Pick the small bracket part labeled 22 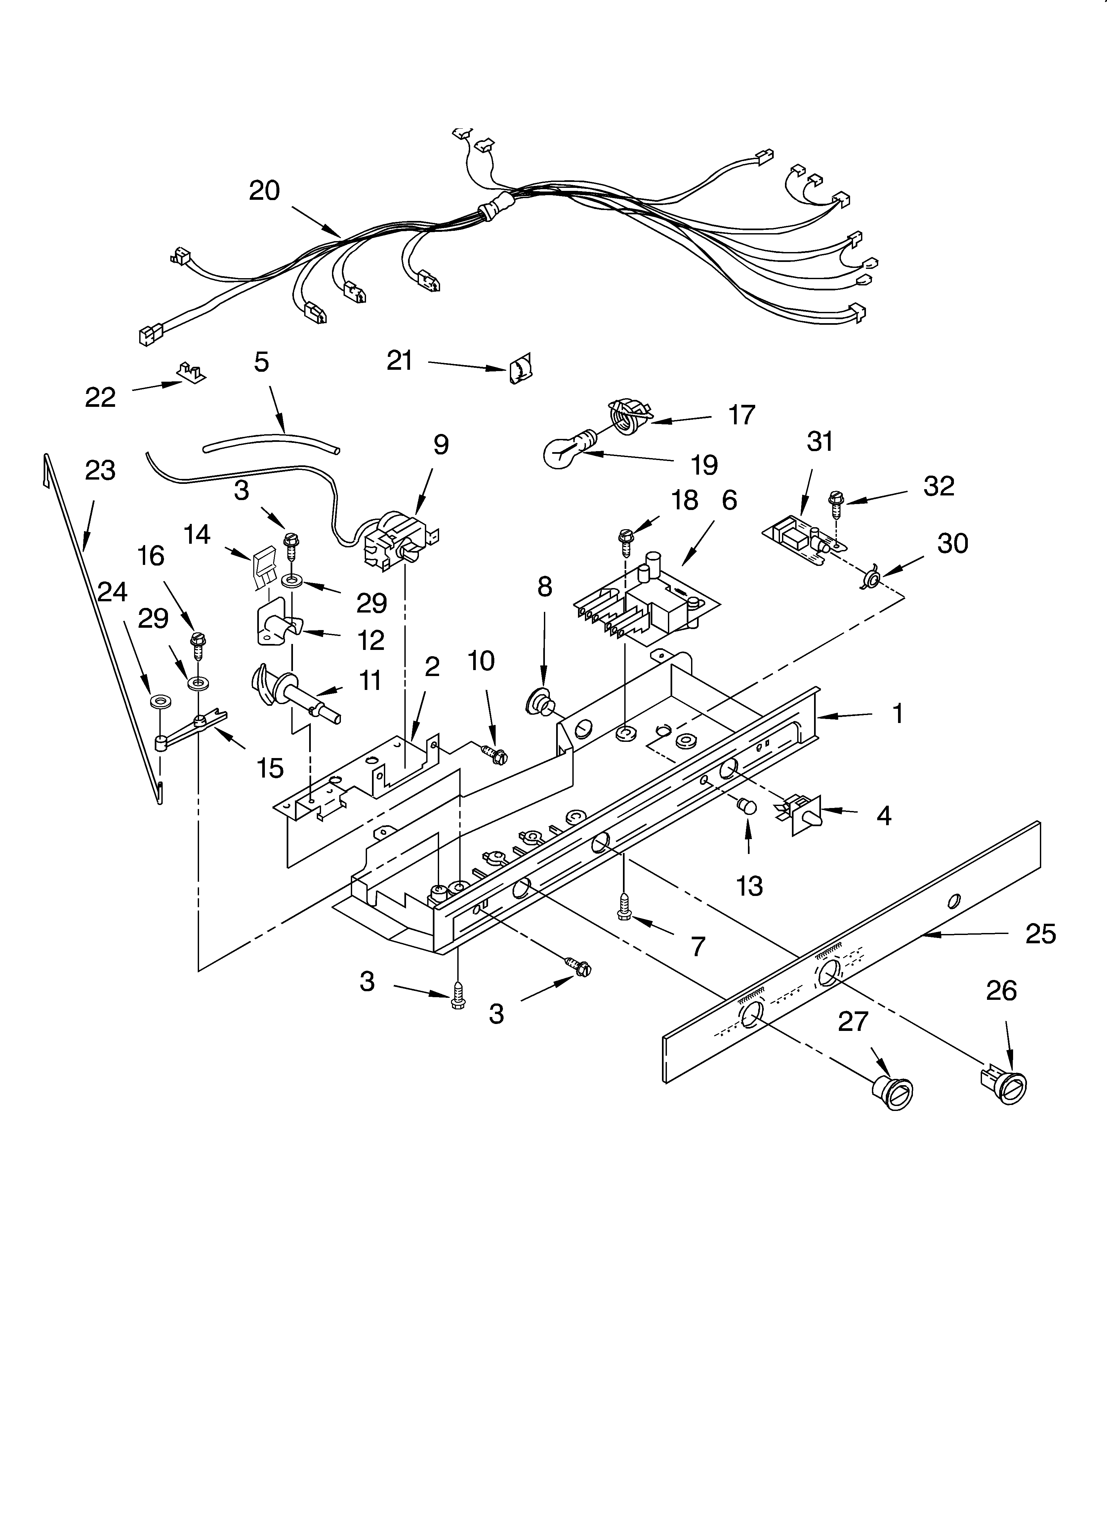(x=191, y=371)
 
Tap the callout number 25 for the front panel (x=1040, y=934)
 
